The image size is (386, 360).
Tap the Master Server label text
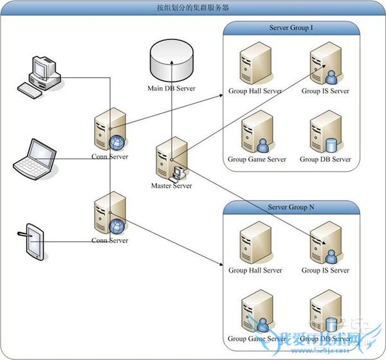point(172,186)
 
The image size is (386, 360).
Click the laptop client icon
point(35,157)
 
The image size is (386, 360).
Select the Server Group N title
point(291,208)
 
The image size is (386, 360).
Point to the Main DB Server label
point(171,89)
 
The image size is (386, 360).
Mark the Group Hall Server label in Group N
point(255,270)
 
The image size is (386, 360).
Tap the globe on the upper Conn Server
point(118,142)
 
